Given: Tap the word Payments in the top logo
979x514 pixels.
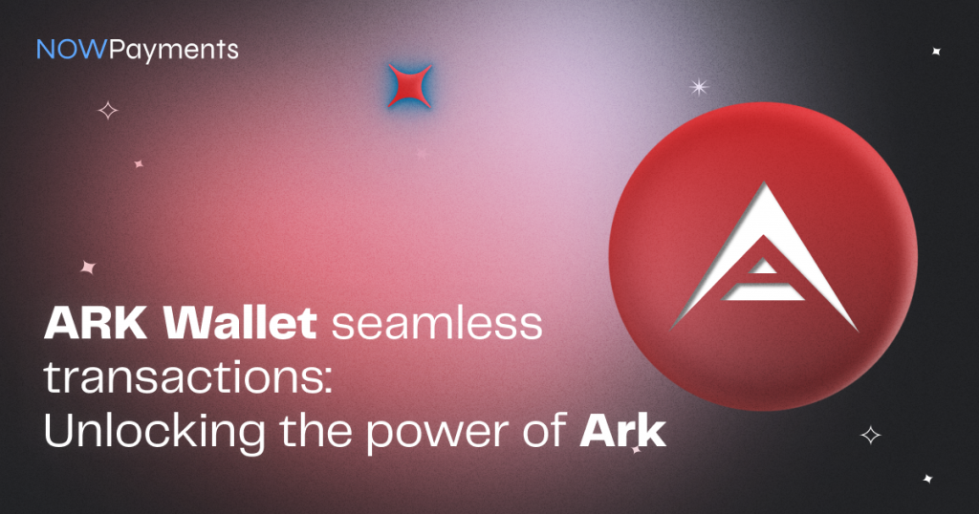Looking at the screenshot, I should click(x=174, y=49).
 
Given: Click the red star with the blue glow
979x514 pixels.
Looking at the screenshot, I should click(x=409, y=86).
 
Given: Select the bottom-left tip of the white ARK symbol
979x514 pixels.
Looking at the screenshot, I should click(x=675, y=320).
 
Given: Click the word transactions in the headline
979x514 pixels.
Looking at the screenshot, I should click(x=178, y=379).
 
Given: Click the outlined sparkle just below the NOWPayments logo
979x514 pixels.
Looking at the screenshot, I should click(x=108, y=111).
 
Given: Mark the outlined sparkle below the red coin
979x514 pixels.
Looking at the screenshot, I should click(x=870, y=435).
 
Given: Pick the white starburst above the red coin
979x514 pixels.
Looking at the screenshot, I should click(x=700, y=87).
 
